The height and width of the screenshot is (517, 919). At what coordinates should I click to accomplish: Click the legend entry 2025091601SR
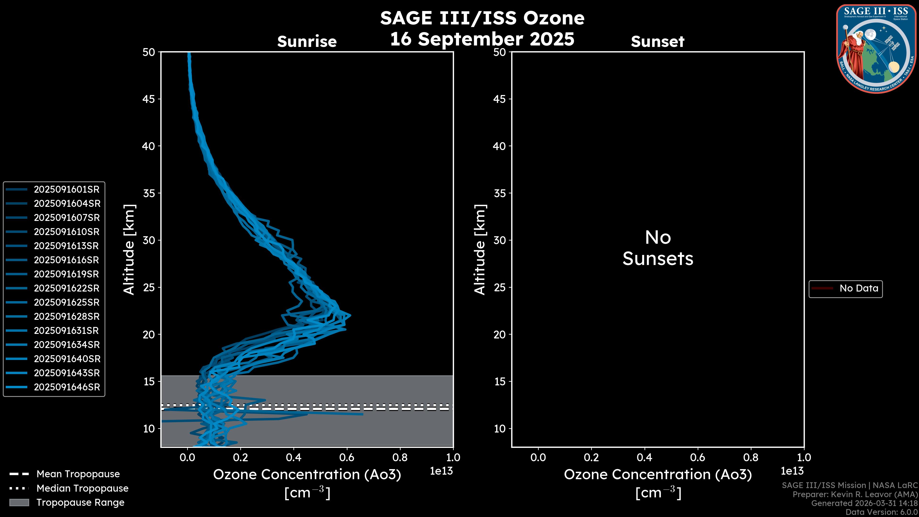(x=66, y=190)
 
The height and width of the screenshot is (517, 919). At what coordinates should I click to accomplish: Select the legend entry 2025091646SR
(x=67, y=387)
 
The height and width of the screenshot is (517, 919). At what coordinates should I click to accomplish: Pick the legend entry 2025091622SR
(x=66, y=288)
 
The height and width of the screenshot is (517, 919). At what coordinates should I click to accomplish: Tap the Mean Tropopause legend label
(x=78, y=474)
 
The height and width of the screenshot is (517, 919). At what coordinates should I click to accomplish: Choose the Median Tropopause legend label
(x=82, y=489)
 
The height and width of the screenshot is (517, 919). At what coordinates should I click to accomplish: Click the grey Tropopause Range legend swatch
(x=19, y=502)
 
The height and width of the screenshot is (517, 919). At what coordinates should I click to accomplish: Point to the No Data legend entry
(x=858, y=288)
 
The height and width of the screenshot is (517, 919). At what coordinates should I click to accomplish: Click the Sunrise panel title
(x=307, y=42)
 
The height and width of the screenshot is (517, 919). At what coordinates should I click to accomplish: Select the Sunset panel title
(x=657, y=42)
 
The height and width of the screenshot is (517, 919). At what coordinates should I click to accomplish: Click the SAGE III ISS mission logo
(x=876, y=49)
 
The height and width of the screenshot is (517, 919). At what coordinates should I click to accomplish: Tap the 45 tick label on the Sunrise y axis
(x=148, y=99)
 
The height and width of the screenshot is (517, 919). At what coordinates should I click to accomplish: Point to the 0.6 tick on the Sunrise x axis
(x=347, y=457)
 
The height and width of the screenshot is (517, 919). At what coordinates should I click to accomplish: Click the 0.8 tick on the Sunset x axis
(x=751, y=457)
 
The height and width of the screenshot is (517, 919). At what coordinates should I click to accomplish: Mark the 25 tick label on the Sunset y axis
(x=499, y=287)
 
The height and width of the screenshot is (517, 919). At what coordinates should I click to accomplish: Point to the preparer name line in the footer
(x=855, y=495)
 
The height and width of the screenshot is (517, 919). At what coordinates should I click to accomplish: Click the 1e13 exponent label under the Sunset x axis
(x=792, y=471)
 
